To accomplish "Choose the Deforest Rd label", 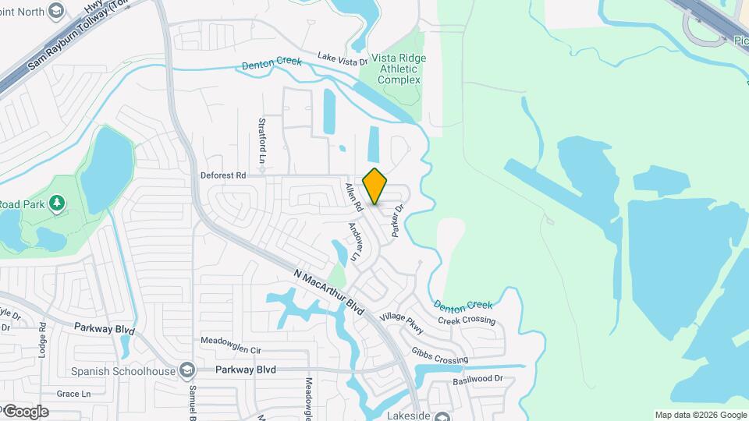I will [223, 175].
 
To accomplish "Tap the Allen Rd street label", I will [353, 198].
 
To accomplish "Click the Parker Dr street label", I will [398, 221].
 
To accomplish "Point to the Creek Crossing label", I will [467, 320].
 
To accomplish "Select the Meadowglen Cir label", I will [230, 341].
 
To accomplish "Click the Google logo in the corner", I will [25, 411].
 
